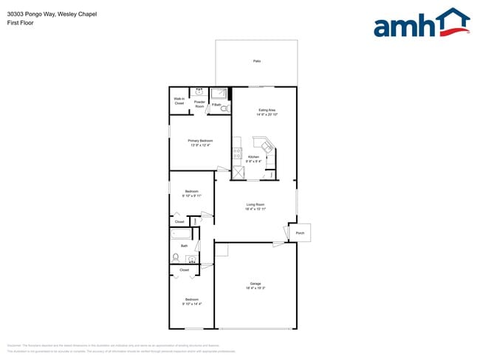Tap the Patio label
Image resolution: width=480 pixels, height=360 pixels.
point(256,60)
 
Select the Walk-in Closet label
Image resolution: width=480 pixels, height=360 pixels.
point(179,101)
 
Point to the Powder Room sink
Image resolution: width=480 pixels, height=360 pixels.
point(199,93)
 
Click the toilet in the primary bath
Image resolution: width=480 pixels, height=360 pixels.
point(225,107)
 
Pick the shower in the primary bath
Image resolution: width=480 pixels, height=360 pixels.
point(219,94)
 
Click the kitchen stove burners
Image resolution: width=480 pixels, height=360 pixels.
point(237,154)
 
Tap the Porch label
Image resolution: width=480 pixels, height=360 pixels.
point(300,232)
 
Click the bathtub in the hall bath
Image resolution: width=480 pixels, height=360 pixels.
point(182,235)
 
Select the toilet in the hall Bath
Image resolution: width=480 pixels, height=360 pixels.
point(176,257)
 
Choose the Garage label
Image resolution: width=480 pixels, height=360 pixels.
point(255,283)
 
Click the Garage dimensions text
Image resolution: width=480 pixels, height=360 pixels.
point(255,288)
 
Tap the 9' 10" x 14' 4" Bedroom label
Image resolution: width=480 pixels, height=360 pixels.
point(191,301)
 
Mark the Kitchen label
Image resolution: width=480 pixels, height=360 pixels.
point(253,157)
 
